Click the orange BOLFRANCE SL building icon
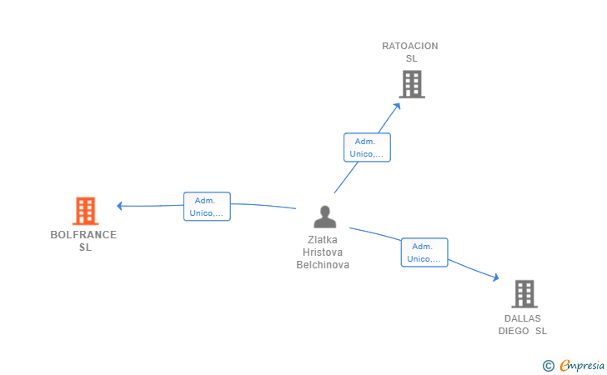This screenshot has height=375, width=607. (85, 211)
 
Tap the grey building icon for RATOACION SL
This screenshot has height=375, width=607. (412, 84)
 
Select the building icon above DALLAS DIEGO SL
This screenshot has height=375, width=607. (524, 293)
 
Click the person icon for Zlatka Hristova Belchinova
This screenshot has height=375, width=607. (325, 217)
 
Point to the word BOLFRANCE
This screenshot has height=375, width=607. (83, 235)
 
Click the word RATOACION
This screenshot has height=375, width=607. (410, 46)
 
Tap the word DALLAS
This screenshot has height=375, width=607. (523, 318)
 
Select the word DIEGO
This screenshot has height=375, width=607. (514, 331)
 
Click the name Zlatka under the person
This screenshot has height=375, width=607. (323, 240)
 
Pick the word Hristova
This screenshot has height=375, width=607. (323, 252)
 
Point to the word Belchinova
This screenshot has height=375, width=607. (323, 265)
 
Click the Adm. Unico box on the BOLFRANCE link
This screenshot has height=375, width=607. (207, 207)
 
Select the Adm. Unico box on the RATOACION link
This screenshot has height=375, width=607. (367, 147)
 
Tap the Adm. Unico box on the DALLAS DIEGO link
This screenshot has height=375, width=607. (424, 252)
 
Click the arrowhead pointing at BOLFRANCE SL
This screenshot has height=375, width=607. (119, 206)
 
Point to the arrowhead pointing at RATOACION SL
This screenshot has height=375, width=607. (397, 106)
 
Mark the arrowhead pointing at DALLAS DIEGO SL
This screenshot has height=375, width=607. (495, 277)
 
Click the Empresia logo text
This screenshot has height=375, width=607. (582, 365)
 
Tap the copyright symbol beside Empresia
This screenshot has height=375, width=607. (548, 366)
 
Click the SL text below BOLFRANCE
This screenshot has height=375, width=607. (86, 247)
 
